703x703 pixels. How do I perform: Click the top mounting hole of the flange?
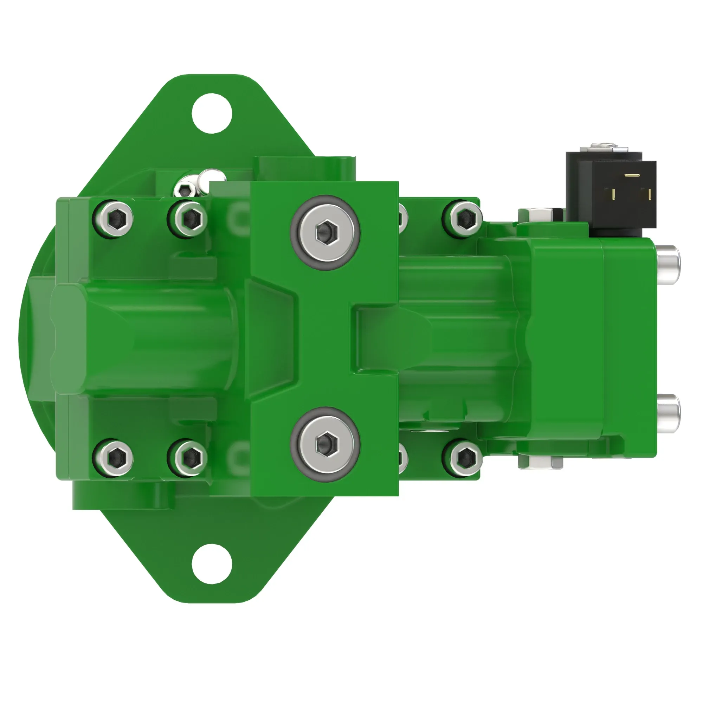(x=212, y=113)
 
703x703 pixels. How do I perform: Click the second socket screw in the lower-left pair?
(x=187, y=457)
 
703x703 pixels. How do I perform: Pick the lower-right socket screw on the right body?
(x=463, y=457)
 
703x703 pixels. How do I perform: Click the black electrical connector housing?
(x=611, y=193)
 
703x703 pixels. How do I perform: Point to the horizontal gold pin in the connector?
(x=632, y=176)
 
